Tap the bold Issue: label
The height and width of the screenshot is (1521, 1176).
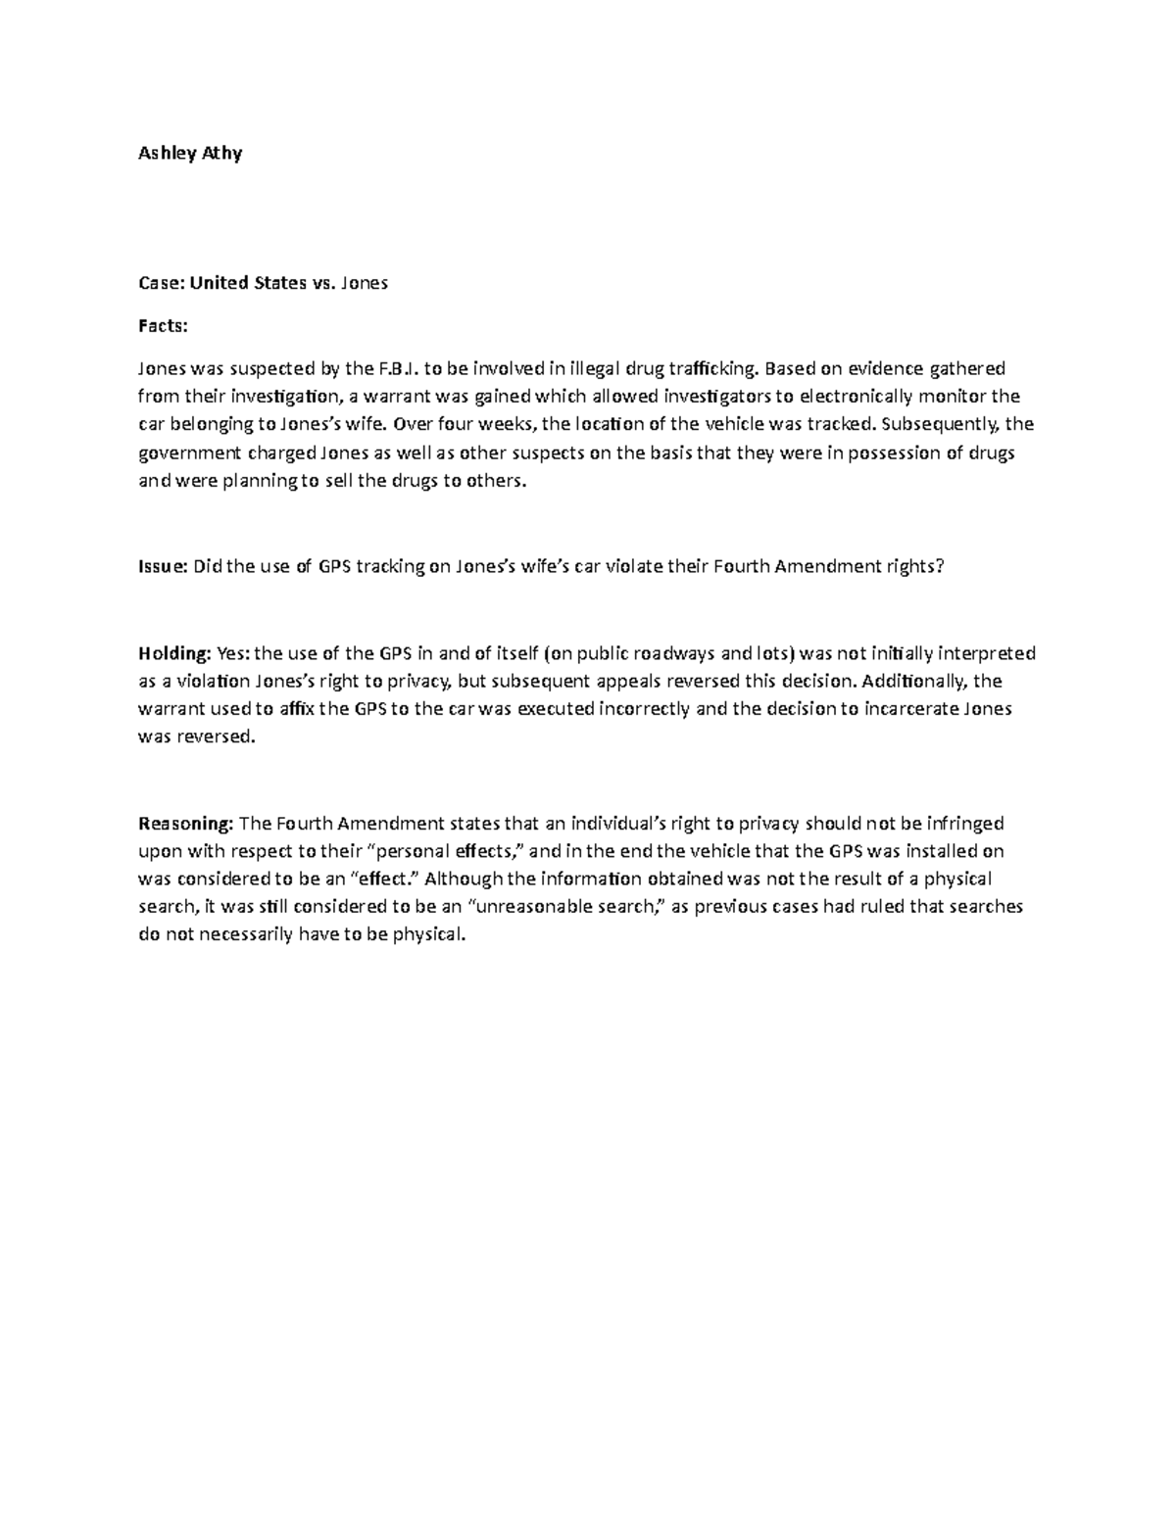(x=163, y=566)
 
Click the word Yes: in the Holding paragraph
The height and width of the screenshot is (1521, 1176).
(x=233, y=654)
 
